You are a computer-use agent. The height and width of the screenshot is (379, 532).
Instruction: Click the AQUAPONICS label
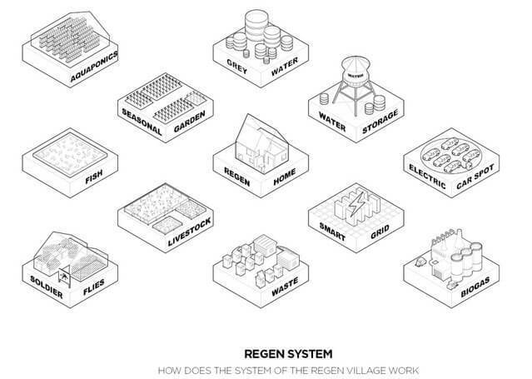94,67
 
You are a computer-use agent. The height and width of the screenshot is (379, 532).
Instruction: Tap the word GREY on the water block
236,67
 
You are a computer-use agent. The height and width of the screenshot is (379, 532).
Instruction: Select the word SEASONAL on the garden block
142,122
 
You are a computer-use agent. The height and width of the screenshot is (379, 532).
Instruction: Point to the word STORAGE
380,122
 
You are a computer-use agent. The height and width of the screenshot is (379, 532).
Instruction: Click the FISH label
94,177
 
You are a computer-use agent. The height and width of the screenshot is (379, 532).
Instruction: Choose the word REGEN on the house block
236,177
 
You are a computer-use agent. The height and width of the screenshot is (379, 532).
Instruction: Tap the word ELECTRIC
427,177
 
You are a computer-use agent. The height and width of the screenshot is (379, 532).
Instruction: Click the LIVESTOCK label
189,232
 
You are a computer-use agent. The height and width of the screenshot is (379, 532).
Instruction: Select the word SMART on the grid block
332,232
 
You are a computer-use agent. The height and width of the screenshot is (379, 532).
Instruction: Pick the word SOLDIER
47,287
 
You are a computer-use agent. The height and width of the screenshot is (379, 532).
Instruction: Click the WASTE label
285,287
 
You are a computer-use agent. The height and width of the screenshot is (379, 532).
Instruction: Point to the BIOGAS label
475,287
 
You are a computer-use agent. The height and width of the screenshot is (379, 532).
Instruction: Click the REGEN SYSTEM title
288,354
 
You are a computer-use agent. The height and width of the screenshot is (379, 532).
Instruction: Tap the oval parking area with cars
450,155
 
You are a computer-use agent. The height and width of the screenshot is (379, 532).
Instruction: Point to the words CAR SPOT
475,177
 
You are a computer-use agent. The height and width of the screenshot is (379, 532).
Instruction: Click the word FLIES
94,287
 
